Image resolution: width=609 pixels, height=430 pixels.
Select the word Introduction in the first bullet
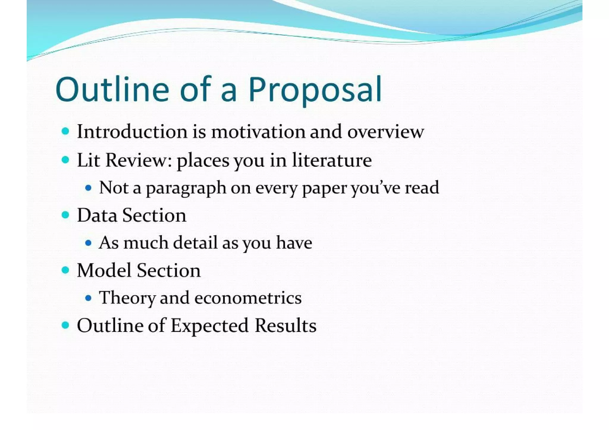click(132, 131)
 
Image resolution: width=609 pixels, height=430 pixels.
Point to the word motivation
click(258, 131)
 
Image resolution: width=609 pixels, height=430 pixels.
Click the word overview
click(386, 132)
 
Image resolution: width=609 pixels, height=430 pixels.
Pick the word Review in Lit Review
click(139, 160)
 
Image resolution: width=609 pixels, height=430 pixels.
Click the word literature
click(332, 160)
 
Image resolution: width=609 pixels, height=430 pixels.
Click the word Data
click(97, 215)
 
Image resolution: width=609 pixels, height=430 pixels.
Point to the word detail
click(195, 242)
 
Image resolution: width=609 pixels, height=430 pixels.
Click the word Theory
click(127, 298)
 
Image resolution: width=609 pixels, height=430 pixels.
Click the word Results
click(285, 325)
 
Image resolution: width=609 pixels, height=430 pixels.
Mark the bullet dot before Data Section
click(65, 215)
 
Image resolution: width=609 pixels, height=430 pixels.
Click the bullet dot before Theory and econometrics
click(88, 298)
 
